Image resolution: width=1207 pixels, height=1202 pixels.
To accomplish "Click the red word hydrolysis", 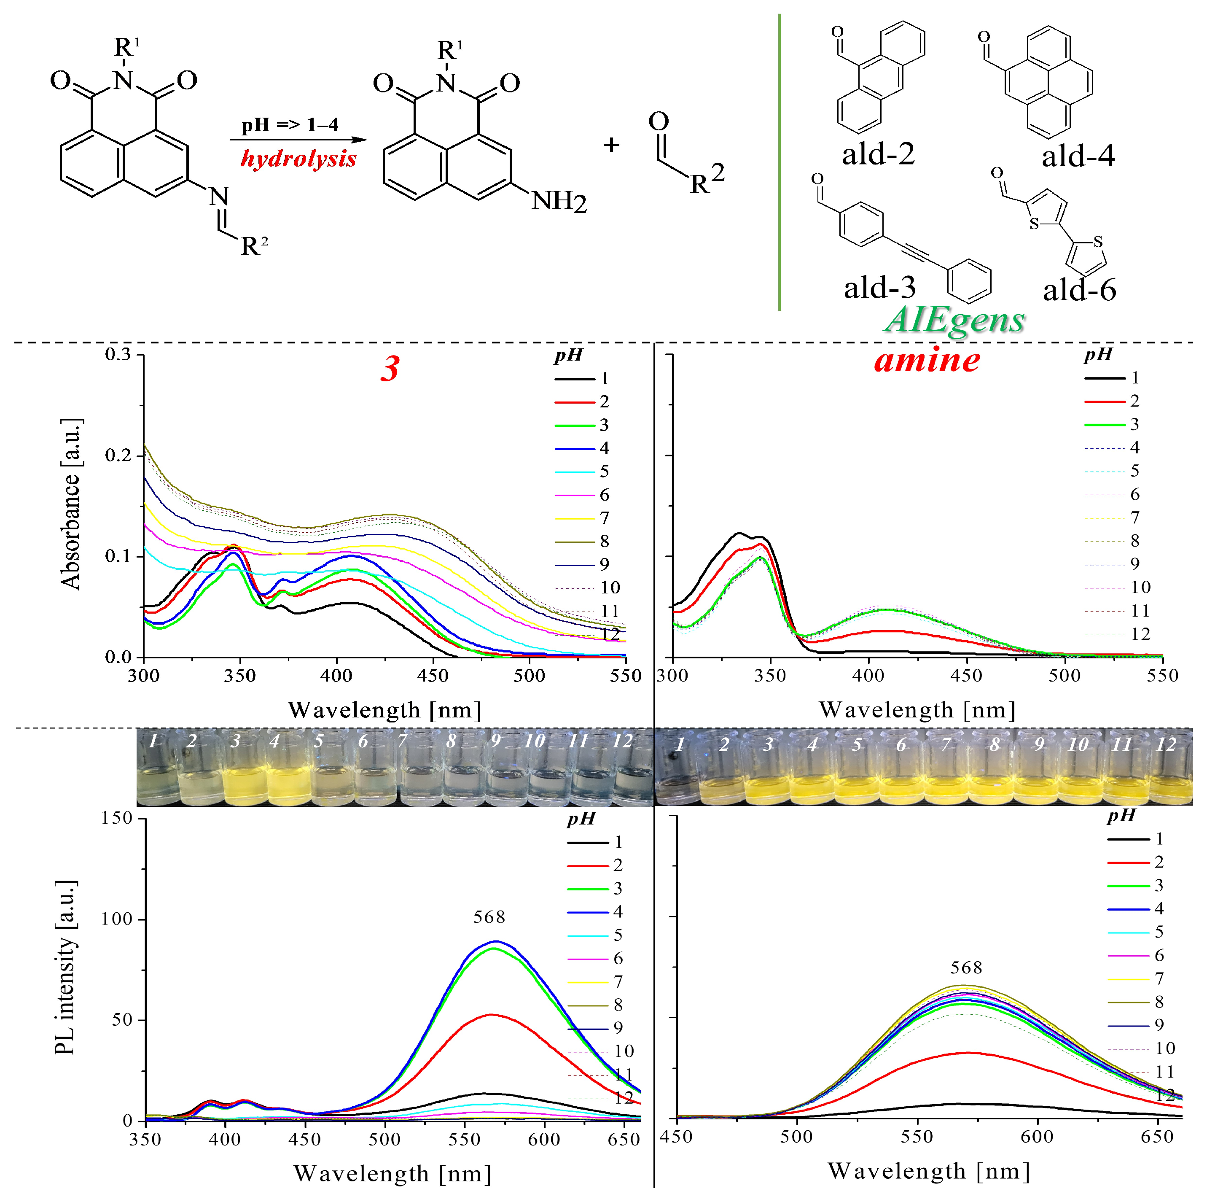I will click(298, 159).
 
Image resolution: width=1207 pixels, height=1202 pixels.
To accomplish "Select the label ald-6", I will click(1079, 289).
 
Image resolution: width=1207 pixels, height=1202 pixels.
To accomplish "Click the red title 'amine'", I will click(927, 361).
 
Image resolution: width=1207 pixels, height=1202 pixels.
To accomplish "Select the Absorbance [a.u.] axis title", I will click(70, 504).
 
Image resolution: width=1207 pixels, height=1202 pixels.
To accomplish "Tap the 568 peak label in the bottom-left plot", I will click(489, 917).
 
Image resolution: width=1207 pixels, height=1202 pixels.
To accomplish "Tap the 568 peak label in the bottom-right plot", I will click(966, 968).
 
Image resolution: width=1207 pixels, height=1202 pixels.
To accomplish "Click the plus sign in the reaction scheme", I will click(611, 145).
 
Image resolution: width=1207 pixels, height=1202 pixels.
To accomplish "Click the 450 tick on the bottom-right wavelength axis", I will click(676, 1136).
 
